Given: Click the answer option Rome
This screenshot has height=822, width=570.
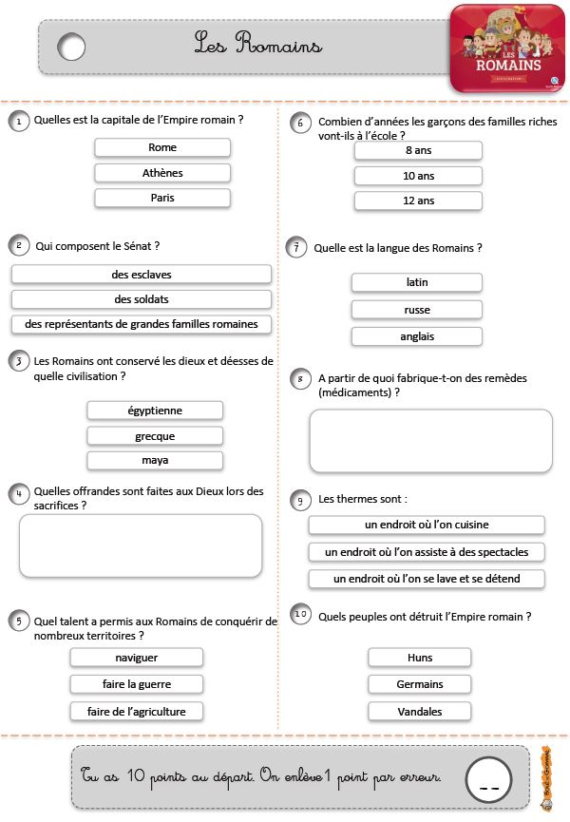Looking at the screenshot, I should [x=162, y=147].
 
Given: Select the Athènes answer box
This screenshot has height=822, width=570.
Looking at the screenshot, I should [x=162, y=173].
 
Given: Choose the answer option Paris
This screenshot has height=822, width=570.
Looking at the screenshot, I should [x=162, y=198].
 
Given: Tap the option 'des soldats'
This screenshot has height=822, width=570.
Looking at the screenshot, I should [x=142, y=299].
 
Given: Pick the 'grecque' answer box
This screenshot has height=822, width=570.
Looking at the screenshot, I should [x=155, y=436].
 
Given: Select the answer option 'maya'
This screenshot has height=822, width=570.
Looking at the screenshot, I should [x=155, y=460].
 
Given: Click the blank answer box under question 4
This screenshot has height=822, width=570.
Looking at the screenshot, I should [x=141, y=545].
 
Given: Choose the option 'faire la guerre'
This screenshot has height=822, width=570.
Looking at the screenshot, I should [x=137, y=684].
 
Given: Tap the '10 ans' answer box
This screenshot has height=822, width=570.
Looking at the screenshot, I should [x=418, y=176].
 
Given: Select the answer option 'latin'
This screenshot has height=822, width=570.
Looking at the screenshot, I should [x=416, y=282].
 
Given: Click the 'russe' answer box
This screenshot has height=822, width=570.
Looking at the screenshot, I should [x=416, y=310].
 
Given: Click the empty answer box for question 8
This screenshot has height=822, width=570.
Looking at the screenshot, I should [x=430, y=441].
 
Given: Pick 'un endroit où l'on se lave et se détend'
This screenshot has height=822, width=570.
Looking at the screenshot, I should [x=427, y=579].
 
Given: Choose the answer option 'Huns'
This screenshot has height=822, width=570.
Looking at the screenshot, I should [x=419, y=658].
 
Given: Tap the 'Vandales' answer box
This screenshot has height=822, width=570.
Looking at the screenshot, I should [x=419, y=711].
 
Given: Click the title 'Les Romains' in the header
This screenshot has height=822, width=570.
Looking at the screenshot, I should [x=258, y=44].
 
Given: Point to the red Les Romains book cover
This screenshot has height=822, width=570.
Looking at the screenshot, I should [x=507, y=48].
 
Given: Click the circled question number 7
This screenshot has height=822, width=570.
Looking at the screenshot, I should [x=297, y=248].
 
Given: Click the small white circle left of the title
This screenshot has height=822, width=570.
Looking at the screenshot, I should [x=71, y=46].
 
